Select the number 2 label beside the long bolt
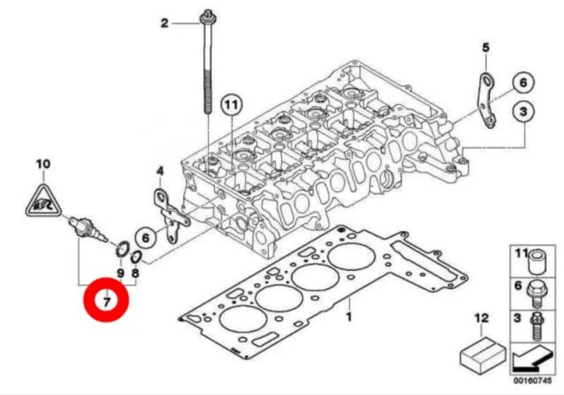[x=165, y=23]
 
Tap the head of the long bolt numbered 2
[x=208, y=15]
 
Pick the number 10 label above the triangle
[x=43, y=165]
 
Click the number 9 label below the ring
[x=120, y=274]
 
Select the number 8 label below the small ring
[x=136, y=274]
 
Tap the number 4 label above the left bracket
[x=160, y=171]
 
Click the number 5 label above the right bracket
[x=486, y=48]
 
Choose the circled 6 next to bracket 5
[x=521, y=82]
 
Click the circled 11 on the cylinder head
[x=231, y=106]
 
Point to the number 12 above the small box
[x=482, y=319]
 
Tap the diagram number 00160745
[x=530, y=382]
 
